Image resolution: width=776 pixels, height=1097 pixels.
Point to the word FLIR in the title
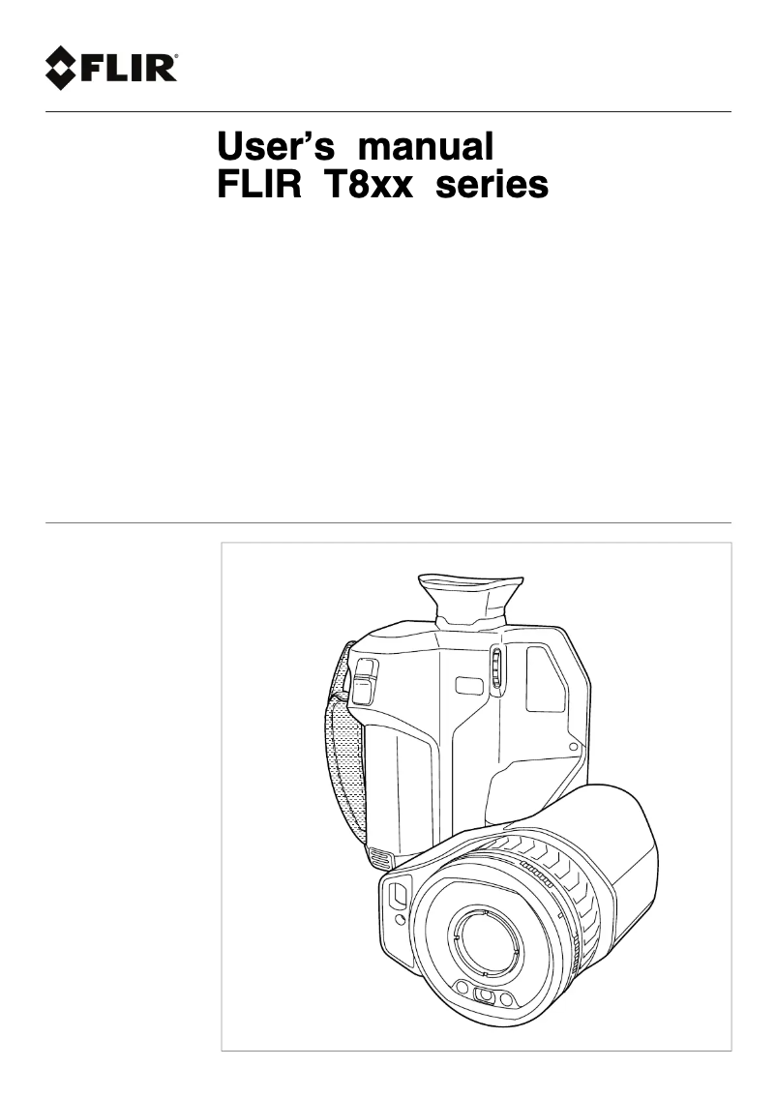pos(254,184)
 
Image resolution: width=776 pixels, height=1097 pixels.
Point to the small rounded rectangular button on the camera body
pos(469,686)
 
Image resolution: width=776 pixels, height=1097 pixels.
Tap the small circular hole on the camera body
pos(574,747)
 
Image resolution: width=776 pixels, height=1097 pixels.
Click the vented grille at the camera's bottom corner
pos(379,859)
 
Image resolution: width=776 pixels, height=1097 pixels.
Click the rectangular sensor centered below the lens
pos(485,997)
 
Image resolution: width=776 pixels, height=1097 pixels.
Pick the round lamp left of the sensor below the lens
pos(463,990)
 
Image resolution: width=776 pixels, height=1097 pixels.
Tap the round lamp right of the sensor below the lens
pos(506,999)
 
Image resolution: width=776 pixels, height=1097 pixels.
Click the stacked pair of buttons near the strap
pos(365,679)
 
